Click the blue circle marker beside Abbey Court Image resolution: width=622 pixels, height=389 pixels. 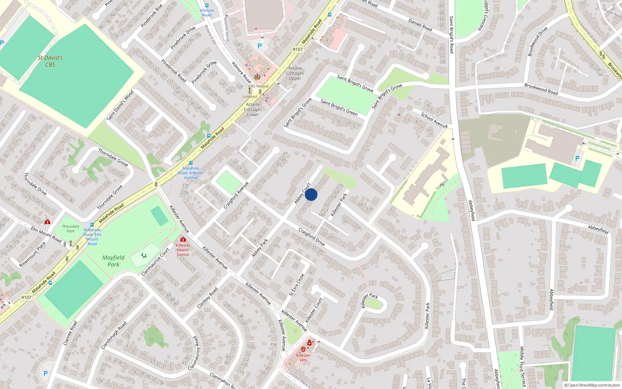click(311, 194)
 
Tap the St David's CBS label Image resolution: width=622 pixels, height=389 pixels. click(50, 61)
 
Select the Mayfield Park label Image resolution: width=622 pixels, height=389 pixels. click(114, 261)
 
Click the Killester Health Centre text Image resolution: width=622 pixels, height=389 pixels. click(183, 250)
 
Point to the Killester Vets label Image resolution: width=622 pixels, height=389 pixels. click(303, 357)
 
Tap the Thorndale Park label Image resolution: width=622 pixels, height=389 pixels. click(70, 229)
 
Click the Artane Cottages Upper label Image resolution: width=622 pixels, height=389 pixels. click(295, 73)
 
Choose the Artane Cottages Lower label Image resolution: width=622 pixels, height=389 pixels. click(253, 109)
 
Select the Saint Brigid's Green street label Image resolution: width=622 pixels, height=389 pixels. click(339, 107)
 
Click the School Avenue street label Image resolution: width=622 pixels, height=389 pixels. click(434, 120)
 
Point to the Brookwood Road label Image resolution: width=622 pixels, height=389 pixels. click(541, 89)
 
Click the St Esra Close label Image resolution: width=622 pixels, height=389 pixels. click(297, 285)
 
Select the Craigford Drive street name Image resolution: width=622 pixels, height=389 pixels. click(311, 237)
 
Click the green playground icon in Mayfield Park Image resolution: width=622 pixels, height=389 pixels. click(144, 256)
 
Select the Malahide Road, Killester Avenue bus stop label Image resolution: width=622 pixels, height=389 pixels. click(191, 173)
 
